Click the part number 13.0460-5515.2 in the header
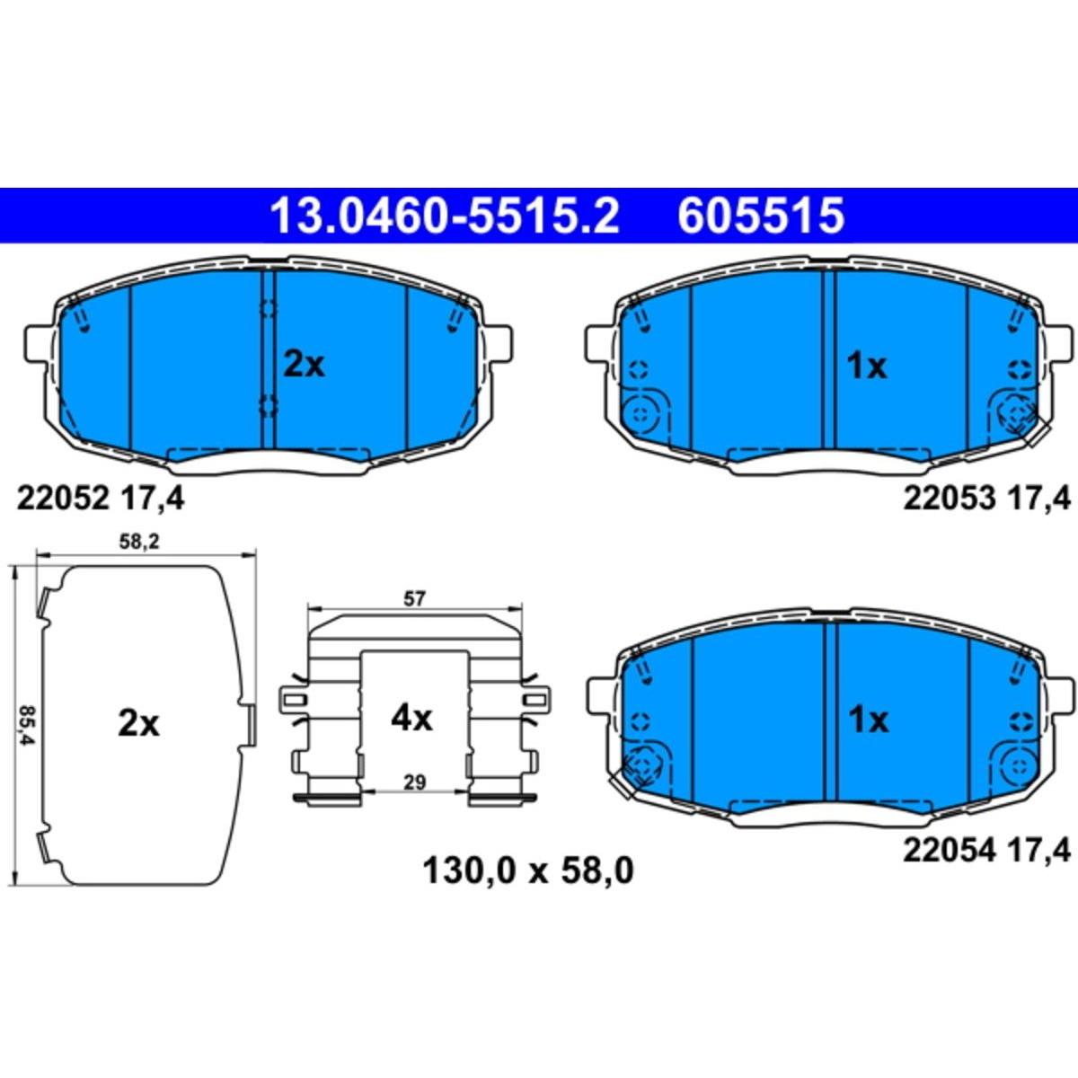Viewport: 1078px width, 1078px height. pyautogui.click(x=445, y=216)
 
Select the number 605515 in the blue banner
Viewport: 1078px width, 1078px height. pyautogui.click(x=761, y=216)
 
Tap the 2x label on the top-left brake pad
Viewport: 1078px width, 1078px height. pyautogui.click(x=304, y=366)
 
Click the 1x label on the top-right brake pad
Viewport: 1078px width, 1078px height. pyautogui.click(x=867, y=367)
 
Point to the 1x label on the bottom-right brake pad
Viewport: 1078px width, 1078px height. pyautogui.click(x=868, y=720)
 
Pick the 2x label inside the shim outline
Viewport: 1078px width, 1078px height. pyautogui.click(x=138, y=724)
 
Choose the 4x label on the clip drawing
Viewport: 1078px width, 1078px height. pyautogui.click(x=411, y=719)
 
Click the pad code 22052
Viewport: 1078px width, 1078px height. pyautogui.click(x=62, y=498)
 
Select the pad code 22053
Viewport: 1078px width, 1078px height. pyautogui.click(x=950, y=498)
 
